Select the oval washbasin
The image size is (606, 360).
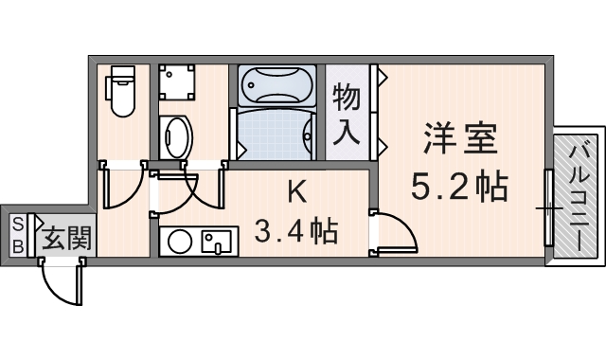174,136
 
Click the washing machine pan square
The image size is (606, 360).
177,83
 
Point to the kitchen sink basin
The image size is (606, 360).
218,242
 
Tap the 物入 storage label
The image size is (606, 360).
348,114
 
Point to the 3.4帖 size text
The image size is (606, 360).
296,230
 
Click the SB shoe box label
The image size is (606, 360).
18,234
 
